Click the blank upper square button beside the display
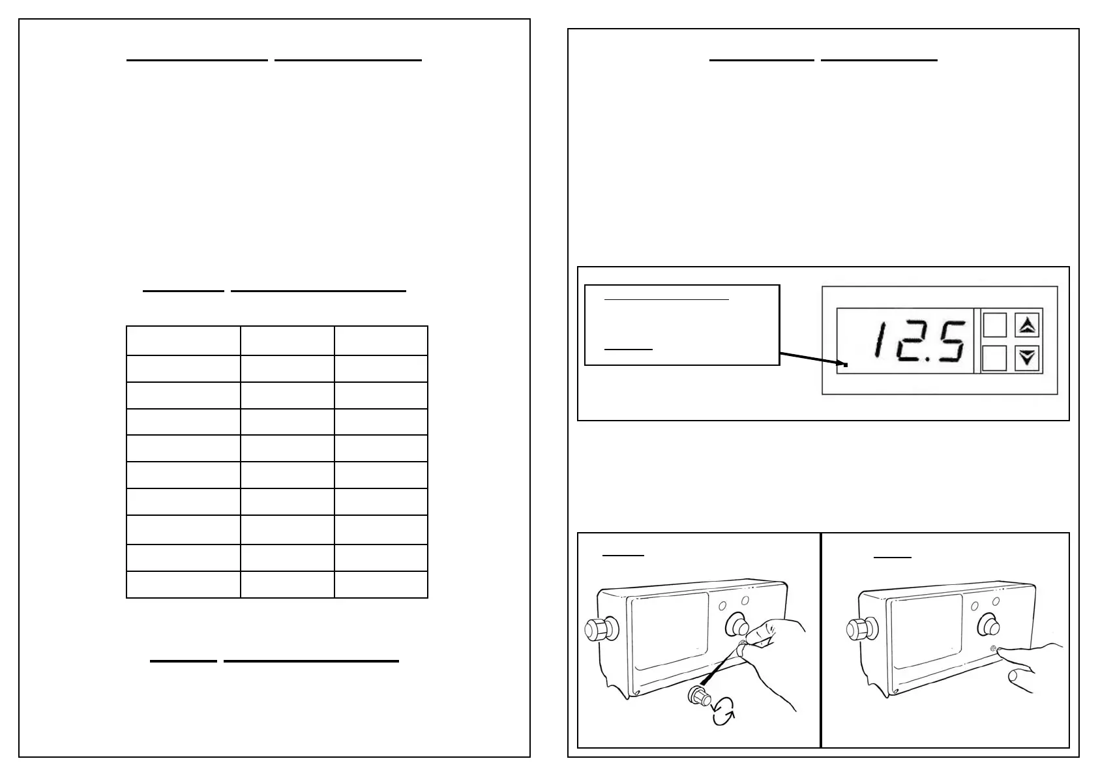pyautogui.click(x=994, y=325)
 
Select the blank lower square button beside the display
pyautogui.click(x=994, y=357)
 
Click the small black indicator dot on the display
pyautogui.click(x=846, y=365)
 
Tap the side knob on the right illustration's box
pyautogui.click(x=858, y=630)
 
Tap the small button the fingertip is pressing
pyautogui.click(x=992, y=649)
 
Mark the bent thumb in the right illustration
pyautogui.click(x=1020, y=678)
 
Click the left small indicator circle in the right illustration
pyautogui.click(x=974, y=606)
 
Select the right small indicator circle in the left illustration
pyautogui.click(x=745, y=599)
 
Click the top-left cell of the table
pyautogui.click(x=183, y=340)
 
